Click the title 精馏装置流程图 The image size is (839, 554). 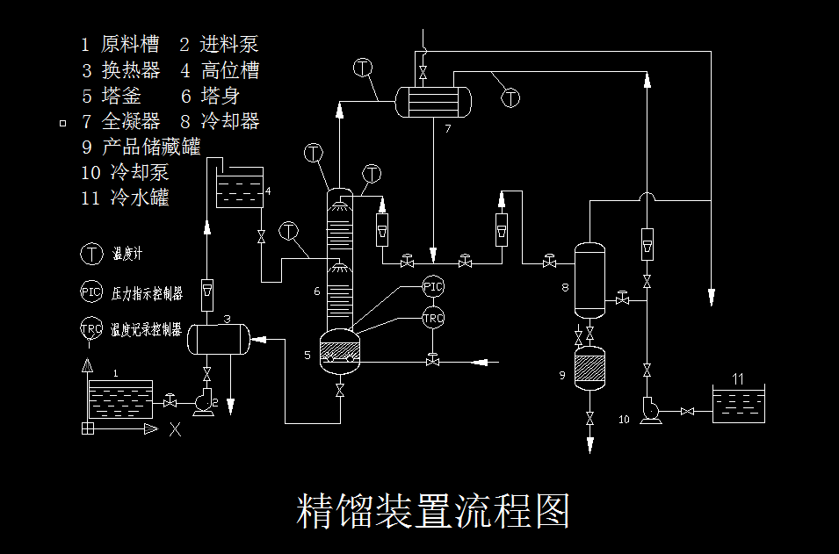[434, 510]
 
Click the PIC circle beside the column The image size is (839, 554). [433, 286]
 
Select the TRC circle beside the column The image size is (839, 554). [433, 318]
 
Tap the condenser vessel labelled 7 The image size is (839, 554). [433, 101]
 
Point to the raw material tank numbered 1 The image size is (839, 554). [120, 399]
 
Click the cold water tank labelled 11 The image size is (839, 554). [737, 405]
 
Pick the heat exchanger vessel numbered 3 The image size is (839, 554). [218, 339]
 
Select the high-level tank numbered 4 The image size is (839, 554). [240, 188]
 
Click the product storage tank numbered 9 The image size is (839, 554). [589, 368]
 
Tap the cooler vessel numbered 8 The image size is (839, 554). [589, 280]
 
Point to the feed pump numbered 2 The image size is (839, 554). [204, 403]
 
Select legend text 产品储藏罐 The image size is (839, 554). [151, 147]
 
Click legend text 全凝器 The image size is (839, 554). [131, 121]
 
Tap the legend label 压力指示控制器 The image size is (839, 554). [147, 292]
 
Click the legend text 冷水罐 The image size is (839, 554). [140, 198]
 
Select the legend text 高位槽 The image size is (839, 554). [230, 70]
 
